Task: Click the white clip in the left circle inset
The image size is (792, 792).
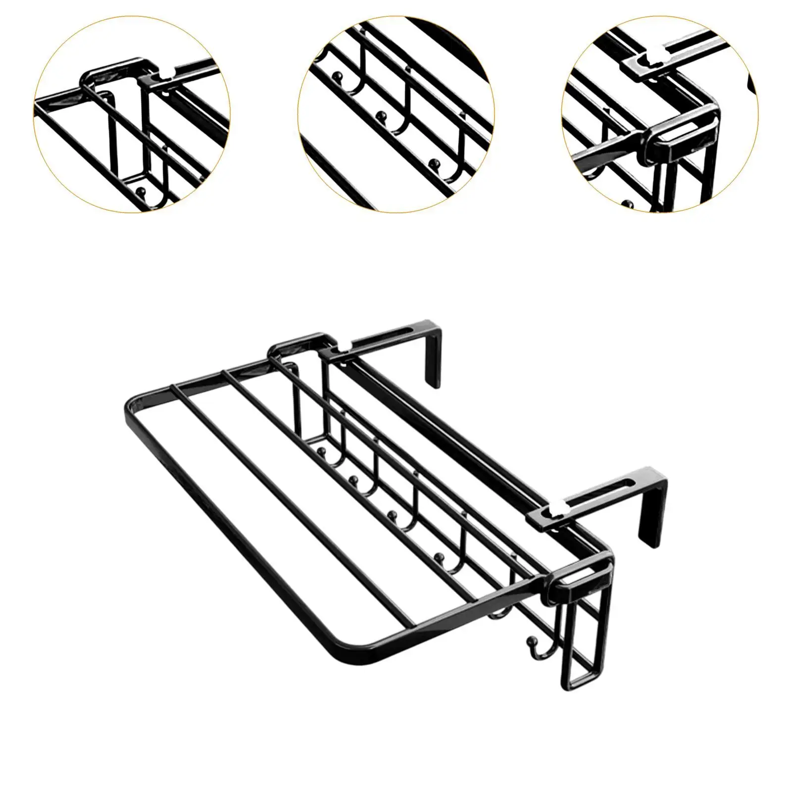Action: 164,74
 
